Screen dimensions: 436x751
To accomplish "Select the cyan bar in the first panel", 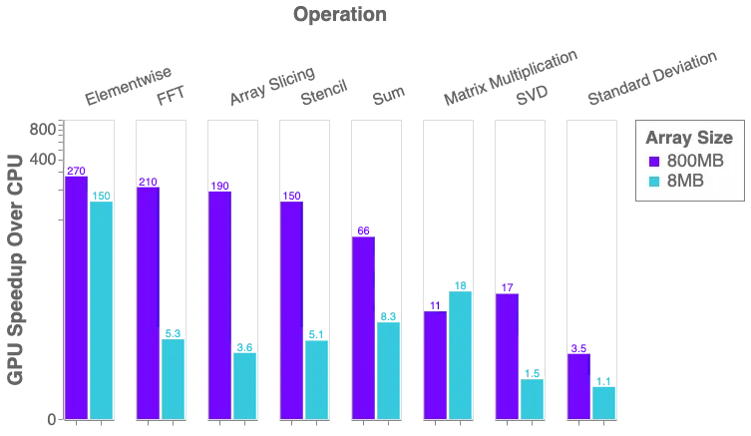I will click(101, 305).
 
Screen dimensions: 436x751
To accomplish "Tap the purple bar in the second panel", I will click(148, 297).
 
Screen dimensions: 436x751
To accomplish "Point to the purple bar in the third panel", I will click(219, 299).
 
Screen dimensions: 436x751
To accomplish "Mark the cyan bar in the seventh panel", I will click(532, 396).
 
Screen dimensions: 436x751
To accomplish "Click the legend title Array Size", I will click(689, 138).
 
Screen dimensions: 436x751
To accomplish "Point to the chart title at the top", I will click(338, 16).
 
